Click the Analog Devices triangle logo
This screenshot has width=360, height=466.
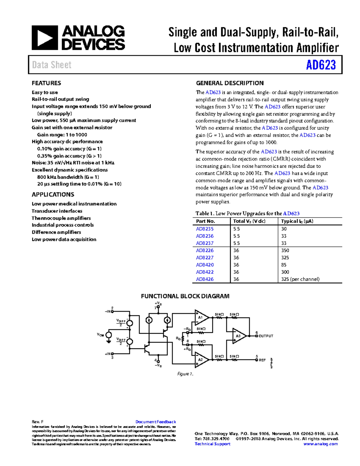click(x=45, y=38)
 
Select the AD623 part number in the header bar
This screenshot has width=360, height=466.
click(x=321, y=65)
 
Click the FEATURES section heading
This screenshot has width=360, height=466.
click(x=46, y=83)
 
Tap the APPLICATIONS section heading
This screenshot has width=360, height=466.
click(x=53, y=194)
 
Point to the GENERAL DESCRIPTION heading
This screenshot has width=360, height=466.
click(x=229, y=83)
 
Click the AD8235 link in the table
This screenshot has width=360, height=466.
click(x=205, y=229)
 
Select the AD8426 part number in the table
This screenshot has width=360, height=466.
click(x=205, y=279)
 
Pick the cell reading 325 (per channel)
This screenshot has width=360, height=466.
click(x=300, y=279)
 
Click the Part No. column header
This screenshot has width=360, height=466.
click(x=205, y=221)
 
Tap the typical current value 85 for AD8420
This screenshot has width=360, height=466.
click(x=283, y=265)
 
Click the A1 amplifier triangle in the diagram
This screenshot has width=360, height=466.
click(x=201, y=317)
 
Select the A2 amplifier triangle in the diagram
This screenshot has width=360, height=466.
click(x=201, y=359)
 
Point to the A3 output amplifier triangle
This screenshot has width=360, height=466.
click(x=239, y=336)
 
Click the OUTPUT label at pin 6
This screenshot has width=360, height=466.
click(x=266, y=336)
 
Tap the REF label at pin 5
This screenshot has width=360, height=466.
click(x=262, y=360)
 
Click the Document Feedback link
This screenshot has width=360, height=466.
click(x=155, y=422)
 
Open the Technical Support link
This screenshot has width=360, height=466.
click(x=212, y=444)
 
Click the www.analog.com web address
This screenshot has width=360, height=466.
click(x=320, y=444)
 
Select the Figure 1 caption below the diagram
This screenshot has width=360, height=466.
click(x=185, y=374)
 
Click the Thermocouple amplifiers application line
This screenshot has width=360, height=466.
click(x=61, y=218)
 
